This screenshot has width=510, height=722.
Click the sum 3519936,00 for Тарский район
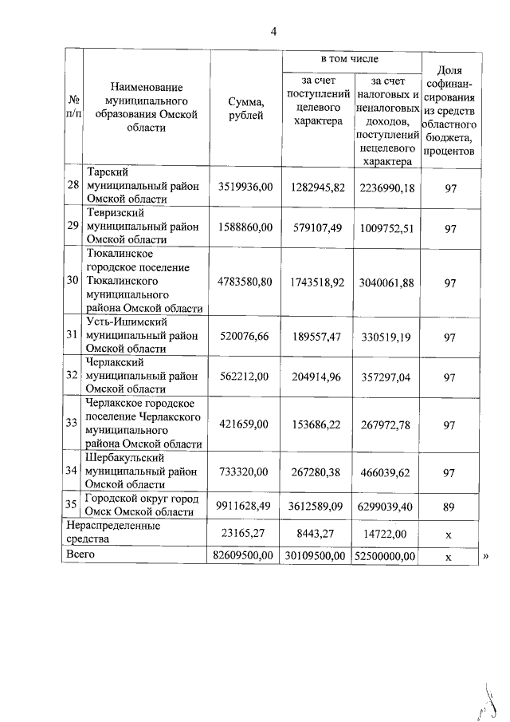pyautogui.click(x=245, y=187)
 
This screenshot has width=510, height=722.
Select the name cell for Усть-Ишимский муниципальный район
pyautogui.click(x=142, y=335)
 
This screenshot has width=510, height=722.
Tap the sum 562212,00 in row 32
pyautogui.click(x=245, y=375)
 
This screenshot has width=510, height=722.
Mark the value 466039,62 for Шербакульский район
pyautogui.click(x=387, y=472)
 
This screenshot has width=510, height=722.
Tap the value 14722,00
pyautogui.click(x=387, y=531)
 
